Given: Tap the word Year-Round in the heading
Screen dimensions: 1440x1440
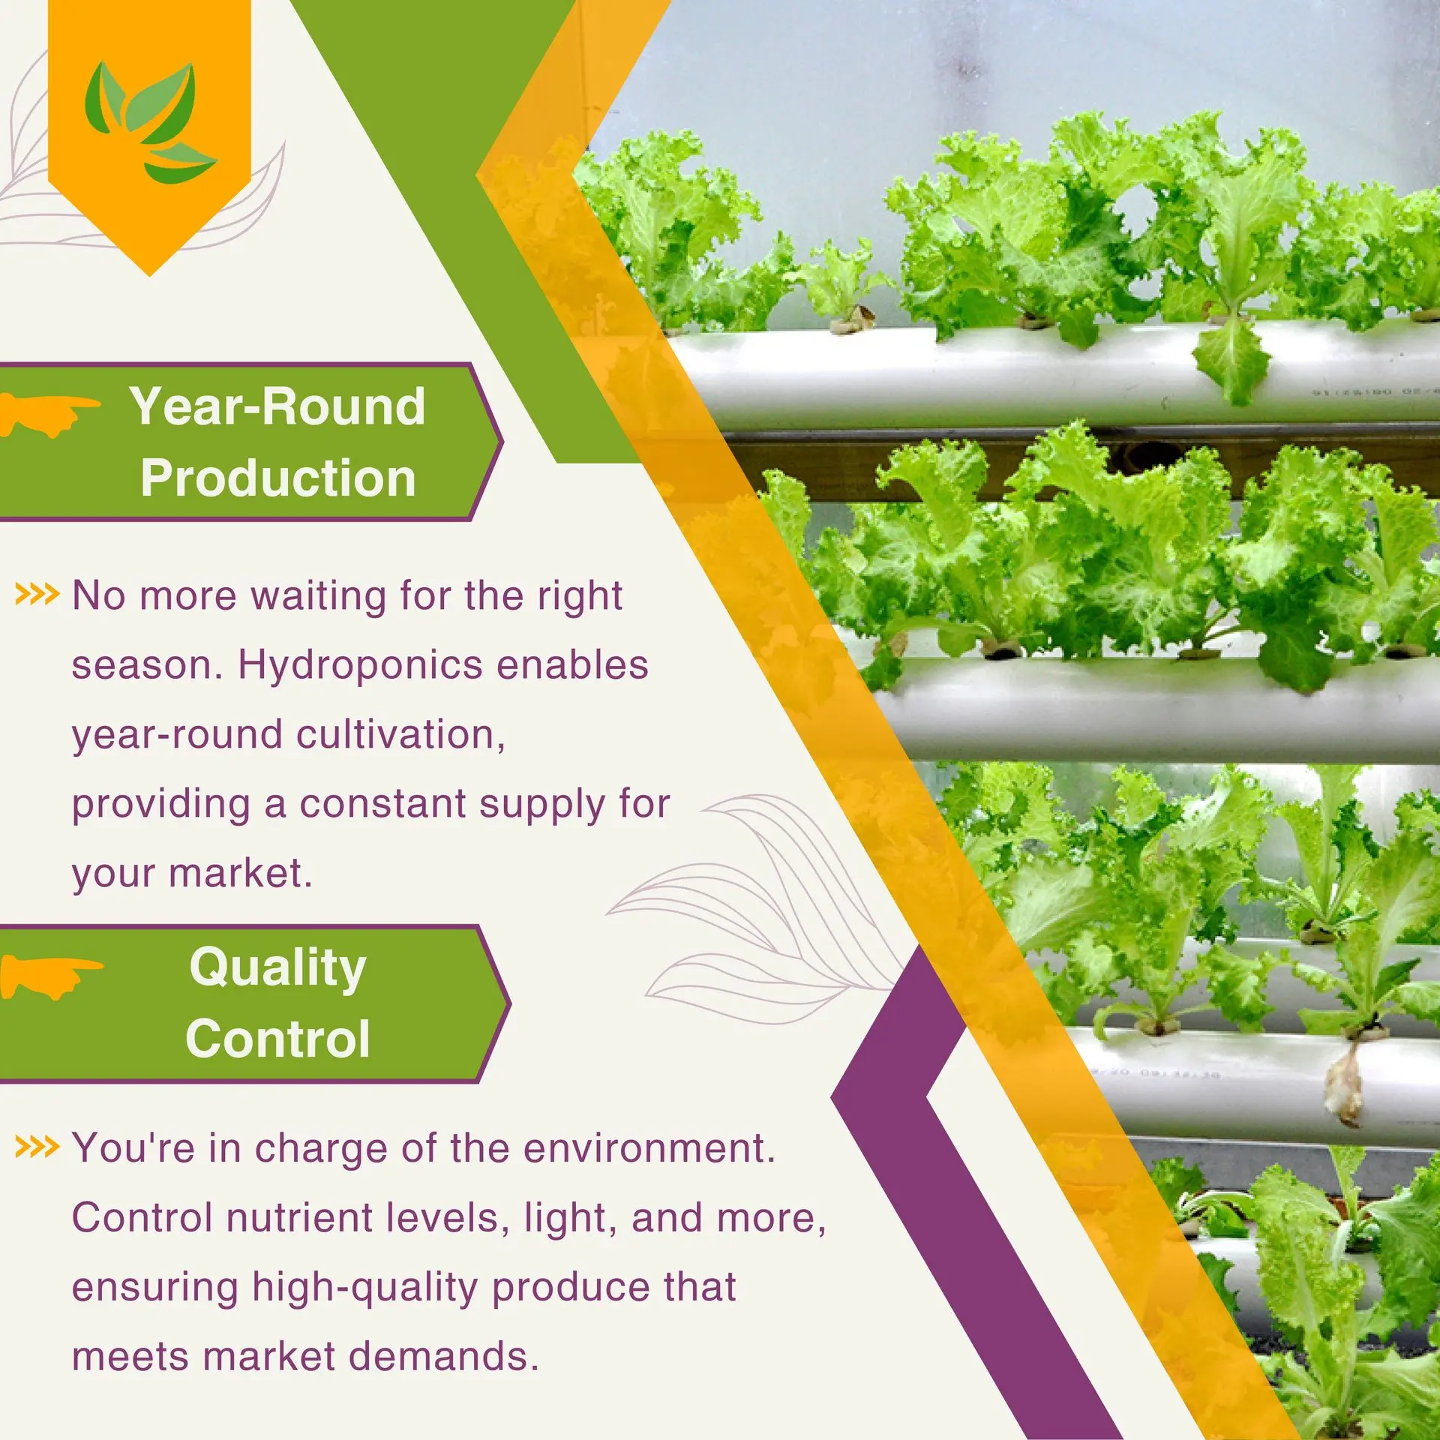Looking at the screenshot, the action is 277,406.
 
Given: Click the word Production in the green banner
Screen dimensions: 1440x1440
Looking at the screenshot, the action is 278,478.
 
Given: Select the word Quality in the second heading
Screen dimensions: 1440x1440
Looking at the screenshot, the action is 278,968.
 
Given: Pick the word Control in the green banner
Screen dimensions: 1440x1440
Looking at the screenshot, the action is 278,1039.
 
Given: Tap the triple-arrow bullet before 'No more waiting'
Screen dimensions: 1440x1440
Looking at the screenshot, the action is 37,595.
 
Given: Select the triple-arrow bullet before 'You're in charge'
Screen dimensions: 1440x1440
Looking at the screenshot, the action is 37,1147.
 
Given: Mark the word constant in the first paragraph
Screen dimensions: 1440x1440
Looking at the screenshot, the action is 382,804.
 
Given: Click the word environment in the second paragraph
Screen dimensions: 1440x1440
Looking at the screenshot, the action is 649,1147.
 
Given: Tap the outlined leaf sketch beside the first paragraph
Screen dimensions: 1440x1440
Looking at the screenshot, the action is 757,908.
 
